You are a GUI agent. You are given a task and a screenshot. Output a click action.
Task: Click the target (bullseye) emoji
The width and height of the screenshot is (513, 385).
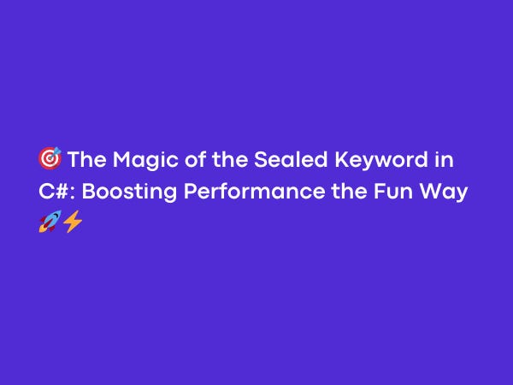click(50, 159)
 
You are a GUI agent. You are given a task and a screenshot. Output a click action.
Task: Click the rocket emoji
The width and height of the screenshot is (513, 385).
click(49, 222)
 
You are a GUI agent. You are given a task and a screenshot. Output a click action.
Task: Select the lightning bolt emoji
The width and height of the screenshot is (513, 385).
click(72, 222)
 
